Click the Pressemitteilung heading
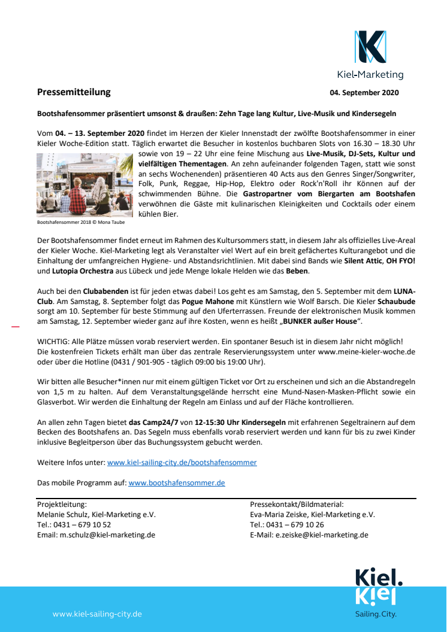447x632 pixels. coord(74,92)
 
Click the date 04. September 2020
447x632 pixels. coord(364,93)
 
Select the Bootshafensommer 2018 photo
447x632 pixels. coord(84,185)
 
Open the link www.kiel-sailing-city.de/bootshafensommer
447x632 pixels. coord(182,463)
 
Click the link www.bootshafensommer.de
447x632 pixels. coord(176,482)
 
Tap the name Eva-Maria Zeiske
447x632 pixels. coord(279,515)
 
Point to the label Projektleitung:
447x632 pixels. coord(62,505)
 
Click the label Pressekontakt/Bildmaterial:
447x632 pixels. coord(297,505)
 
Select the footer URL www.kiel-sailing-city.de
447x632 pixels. coord(97,614)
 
